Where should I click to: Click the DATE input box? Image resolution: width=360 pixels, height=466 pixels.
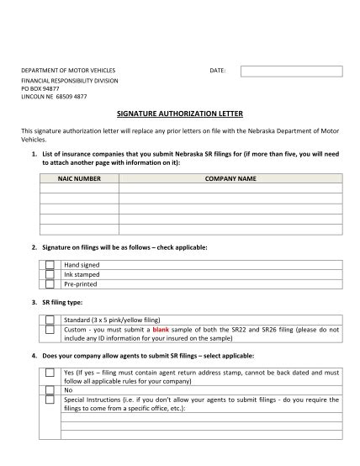[x=291, y=71]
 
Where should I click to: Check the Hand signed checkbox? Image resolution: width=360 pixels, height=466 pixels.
[x=50, y=265]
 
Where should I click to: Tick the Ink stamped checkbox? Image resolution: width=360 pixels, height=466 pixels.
[x=50, y=274]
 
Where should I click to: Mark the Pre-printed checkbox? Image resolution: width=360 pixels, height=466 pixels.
[x=50, y=283]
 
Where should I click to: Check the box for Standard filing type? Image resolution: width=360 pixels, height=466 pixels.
[x=50, y=320]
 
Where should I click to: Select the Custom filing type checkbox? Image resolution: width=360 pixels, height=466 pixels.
[x=50, y=331]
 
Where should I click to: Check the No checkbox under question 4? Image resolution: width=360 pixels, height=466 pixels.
[x=50, y=390]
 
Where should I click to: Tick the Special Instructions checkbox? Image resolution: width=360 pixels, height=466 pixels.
[x=50, y=400]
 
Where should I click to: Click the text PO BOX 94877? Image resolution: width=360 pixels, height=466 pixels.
[x=40, y=88]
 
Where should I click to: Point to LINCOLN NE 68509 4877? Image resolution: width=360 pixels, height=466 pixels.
[x=54, y=97]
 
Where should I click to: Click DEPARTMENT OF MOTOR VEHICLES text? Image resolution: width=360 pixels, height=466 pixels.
[x=68, y=71]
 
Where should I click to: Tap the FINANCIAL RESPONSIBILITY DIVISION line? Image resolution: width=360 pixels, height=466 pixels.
[x=70, y=80]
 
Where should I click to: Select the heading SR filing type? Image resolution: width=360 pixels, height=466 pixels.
[x=62, y=302]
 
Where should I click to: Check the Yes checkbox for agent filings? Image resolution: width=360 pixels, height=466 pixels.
[x=50, y=371]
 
